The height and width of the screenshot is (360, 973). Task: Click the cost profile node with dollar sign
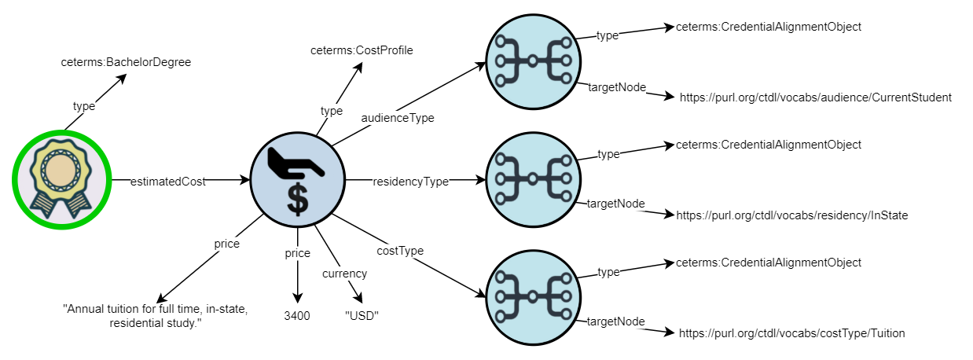point(296,181)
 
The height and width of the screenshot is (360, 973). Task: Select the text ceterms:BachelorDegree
point(126,62)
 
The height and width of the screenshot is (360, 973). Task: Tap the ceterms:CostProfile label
point(362,50)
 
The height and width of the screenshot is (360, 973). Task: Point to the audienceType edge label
point(398,118)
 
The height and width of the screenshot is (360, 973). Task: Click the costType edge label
point(401,251)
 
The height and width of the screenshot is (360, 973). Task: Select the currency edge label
point(344,274)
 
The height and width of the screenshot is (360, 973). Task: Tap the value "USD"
point(362,315)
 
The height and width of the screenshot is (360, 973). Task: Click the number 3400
point(297,315)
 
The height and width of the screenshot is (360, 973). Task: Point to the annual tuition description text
point(155,316)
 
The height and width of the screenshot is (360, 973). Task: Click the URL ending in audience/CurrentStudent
point(816,97)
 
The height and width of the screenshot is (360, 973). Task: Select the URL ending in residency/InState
point(792,215)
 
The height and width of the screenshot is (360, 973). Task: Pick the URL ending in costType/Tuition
point(792,333)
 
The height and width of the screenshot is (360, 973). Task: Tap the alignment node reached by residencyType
point(533,179)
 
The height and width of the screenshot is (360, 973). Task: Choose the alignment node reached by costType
point(533,297)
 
